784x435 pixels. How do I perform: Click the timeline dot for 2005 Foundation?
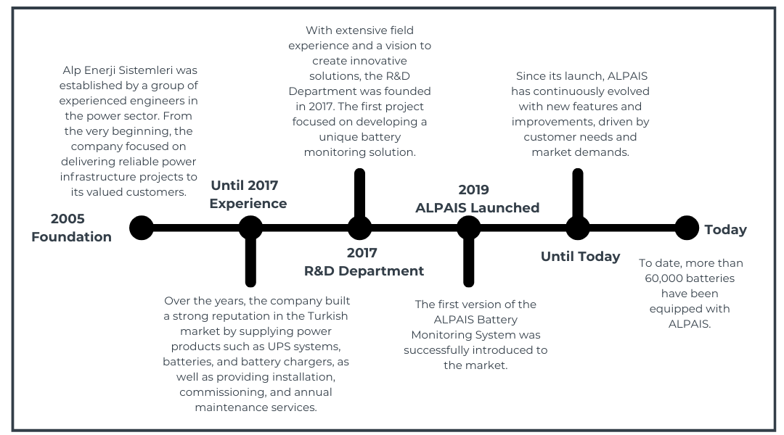[142, 228]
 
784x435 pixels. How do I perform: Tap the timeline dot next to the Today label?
[687, 228]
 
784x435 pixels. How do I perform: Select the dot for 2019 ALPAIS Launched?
[468, 228]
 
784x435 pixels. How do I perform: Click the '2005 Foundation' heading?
[71, 227]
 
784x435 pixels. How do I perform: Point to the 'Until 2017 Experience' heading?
[248, 194]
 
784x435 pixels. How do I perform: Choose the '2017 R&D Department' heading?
[364, 262]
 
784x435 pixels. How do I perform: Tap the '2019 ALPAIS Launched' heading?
[477, 199]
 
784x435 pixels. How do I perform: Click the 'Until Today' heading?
[581, 256]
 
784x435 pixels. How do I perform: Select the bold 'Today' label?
[725, 229]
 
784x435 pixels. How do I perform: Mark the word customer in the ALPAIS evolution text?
[547, 137]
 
